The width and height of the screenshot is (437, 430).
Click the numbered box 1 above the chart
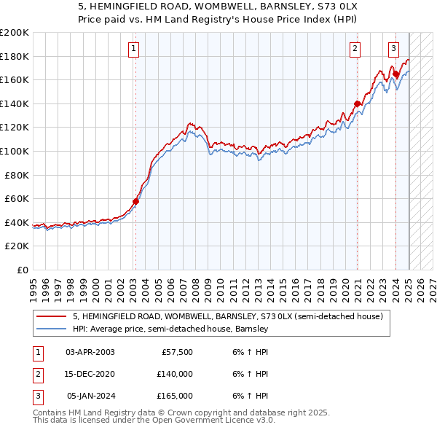(x=135, y=49)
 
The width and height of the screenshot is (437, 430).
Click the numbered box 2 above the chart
(x=355, y=49)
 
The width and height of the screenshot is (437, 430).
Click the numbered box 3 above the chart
(x=393, y=49)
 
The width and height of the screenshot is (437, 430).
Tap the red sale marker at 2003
(x=135, y=201)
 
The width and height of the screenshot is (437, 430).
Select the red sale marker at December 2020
(x=357, y=103)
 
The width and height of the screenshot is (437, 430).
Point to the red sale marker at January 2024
(x=395, y=74)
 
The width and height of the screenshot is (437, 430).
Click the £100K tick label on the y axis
(x=15, y=151)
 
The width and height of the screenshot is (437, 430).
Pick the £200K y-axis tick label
(x=15, y=33)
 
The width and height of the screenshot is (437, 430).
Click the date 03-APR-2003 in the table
(x=90, y=352)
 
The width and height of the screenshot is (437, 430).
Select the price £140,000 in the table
(x=175, y=374)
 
